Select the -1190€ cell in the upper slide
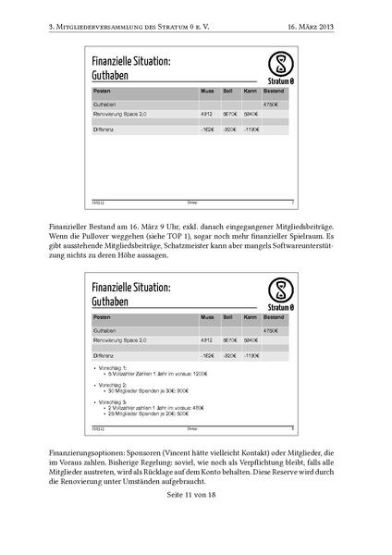click(251, 129)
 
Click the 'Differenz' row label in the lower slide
click(104, 354)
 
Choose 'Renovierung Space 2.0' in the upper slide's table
click(120, 114)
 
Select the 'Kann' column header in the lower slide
click(250, 316)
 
